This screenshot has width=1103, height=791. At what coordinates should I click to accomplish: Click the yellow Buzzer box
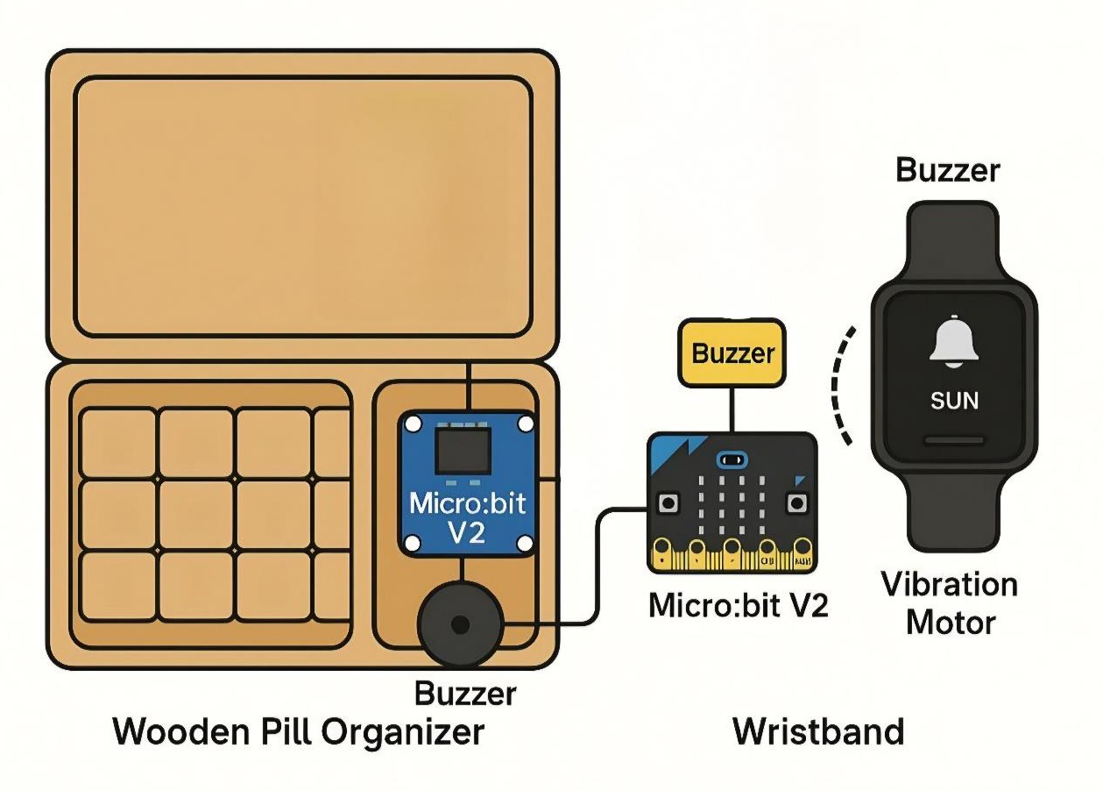coord(732,353)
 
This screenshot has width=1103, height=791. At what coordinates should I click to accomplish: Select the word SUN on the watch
coord(954,401)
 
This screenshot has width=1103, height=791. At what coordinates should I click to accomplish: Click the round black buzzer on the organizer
coord(459,624)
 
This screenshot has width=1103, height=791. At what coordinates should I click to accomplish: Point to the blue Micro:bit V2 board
coord(466,484)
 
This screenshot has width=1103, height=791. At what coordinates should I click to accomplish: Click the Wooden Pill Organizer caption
coord(298,731)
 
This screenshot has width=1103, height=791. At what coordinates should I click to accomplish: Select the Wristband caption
coord(817,731)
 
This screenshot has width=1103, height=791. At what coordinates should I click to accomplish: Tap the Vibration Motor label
coord(950,603)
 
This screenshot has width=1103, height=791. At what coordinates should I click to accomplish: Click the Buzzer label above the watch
coord(947,170)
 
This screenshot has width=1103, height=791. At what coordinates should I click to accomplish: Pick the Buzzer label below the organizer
coord(465,694)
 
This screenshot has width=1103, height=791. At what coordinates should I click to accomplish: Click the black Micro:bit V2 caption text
coord(738,605)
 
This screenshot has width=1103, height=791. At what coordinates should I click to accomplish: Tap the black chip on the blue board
coord(464,451)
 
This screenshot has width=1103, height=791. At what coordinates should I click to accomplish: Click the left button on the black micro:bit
coord(668,503)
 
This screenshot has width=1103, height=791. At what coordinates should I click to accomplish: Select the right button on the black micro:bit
coord(796,503)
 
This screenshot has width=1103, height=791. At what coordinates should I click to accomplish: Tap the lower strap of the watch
coord(951,513)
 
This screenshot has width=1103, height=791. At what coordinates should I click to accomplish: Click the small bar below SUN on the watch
coord(954,439)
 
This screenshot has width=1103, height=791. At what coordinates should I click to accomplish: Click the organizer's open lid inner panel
coord(303,206)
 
